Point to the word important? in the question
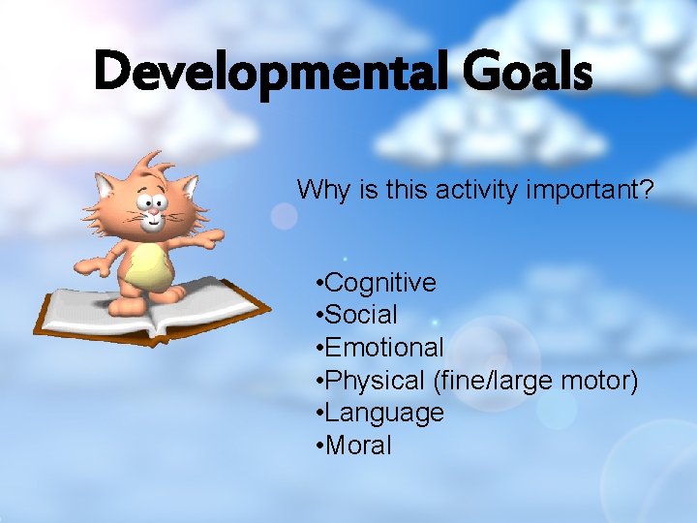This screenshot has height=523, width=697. coord(591,189)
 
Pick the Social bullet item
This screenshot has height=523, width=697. coord(361,315)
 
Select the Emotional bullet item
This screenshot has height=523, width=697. coord(384,348)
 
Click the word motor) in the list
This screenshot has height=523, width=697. coord(599,381)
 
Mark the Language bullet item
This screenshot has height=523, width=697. coord(384,413)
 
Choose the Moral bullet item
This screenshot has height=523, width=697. coord(358,446)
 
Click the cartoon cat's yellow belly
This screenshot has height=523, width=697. coord(147,265)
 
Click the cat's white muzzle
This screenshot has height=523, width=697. coord(152,222)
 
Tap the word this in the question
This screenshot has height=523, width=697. coord(384,189)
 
